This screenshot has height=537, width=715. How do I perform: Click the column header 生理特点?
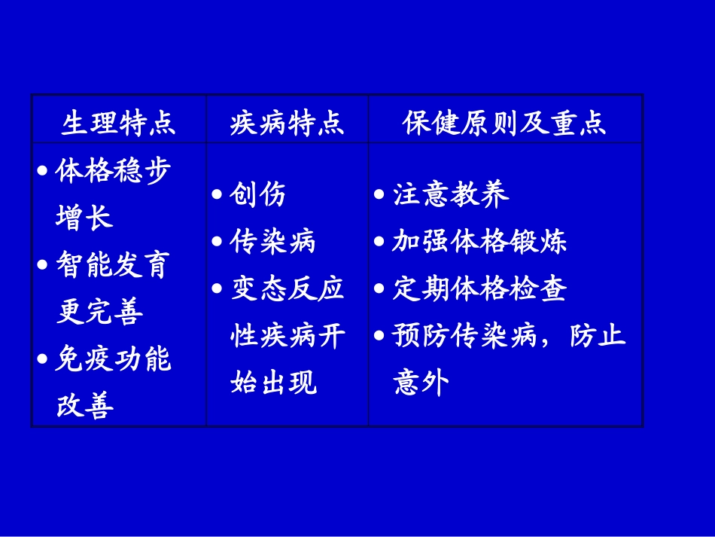[x=118, y=123]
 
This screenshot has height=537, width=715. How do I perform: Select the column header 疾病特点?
[x=287, y=123]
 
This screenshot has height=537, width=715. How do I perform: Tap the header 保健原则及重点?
[x=504, y=123]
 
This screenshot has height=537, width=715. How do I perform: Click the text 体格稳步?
[x=114, y=171]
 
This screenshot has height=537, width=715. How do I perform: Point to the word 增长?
[x=84, y=218]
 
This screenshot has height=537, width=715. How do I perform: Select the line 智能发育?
[x=114, y=265]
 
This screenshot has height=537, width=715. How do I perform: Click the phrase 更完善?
[x=99, y=312]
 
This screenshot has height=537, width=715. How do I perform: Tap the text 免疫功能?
[x=114, y=359]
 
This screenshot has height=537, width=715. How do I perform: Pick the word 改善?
[x=84, y=407]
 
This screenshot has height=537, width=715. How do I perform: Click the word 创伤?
[x=258, y=195]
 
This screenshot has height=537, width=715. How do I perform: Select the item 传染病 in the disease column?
[x=272, y=242]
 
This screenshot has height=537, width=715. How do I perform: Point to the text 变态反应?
[x=287, y=289]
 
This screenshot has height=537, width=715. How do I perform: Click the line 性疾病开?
[x=287, y=336]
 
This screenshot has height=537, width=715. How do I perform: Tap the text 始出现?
[x=272, y=383]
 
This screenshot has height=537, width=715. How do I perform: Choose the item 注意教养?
[x=451, y=195]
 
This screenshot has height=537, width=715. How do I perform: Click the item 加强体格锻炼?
[x=479, y=242]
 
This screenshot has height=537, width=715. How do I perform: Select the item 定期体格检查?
[x=479, y=289]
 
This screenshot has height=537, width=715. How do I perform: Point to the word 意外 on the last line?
[x=421, y=383]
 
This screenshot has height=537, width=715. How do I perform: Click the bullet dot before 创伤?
[x=217, y=195]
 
